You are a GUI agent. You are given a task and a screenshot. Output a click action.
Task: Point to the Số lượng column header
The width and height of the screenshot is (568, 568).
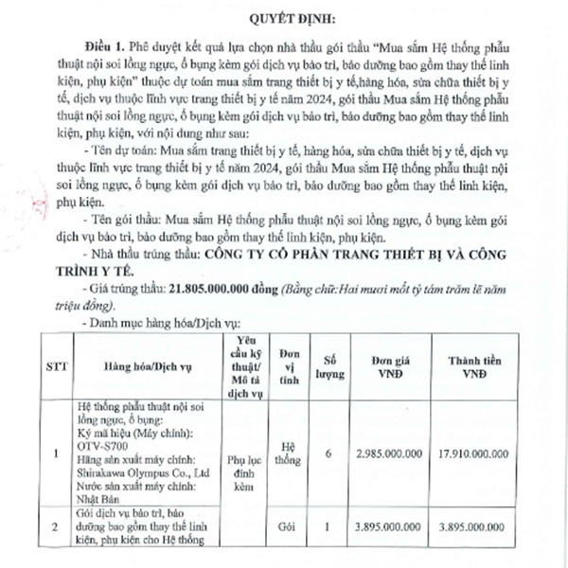pos(328,364)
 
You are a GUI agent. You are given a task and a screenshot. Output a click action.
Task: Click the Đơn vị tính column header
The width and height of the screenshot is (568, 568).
pos(285,364)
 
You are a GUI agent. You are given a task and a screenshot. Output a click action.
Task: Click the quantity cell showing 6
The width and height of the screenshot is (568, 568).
pos(328,454)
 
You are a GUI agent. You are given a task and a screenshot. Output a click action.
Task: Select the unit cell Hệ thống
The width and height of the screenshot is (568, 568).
pos(285,453)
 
